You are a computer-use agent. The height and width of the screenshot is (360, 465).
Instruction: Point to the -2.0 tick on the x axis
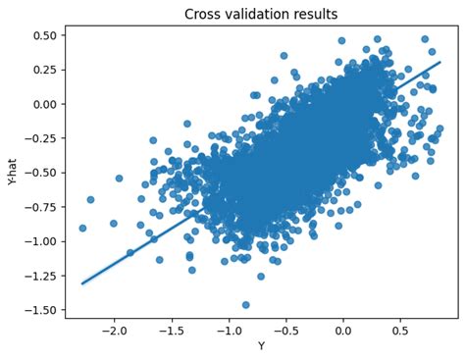[x=115, y=330]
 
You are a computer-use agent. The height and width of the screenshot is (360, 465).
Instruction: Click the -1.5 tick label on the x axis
[x=172, y=330]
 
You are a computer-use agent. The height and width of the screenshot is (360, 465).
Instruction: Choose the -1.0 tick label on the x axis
[x=229, y=330]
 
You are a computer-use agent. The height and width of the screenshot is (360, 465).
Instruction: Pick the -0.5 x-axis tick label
[x=285, y=330]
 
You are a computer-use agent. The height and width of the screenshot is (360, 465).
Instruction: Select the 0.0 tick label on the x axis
[x=343, y=330]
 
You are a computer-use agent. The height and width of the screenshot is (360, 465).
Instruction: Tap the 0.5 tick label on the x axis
[x=400, y=330]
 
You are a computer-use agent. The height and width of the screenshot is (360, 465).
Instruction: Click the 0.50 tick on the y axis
[x=45, y=35]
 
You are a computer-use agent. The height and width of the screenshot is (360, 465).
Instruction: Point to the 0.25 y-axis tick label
[x=45, y=70]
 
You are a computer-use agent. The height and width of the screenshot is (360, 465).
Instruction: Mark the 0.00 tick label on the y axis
[x=45, y=104]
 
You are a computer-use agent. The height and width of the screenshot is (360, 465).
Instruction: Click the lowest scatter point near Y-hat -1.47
[x=246, y=305]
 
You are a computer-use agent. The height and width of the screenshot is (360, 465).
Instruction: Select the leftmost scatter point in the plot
[x=82, y=228]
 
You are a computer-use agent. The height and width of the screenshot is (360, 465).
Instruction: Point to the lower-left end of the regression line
[x=82, y=283]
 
